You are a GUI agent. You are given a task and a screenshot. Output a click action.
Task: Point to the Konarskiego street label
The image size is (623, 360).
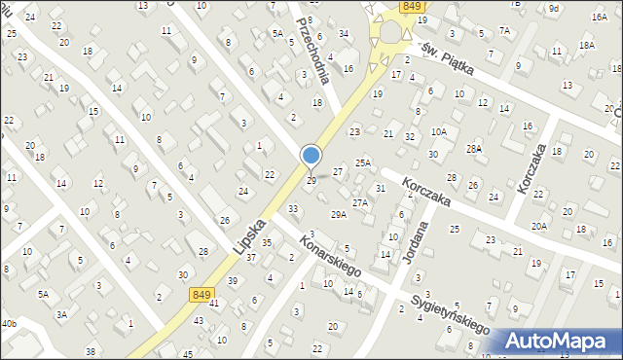(x=332, y=255)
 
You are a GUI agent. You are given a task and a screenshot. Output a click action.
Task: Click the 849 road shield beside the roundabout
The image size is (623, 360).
(x=410, y=7)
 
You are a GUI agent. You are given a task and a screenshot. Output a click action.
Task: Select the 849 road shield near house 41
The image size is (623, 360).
(x=202, y=294)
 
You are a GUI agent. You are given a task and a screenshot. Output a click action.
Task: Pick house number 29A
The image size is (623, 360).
(x=339, y=214)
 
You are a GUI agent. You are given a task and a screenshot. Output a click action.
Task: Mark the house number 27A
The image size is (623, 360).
(x=360, y=202)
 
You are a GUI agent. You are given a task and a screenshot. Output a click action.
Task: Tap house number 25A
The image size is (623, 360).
(x=362, y=163)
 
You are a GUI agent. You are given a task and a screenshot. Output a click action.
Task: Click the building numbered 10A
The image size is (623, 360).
(x=439, y=132)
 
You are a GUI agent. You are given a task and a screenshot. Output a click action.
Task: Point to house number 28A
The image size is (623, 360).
(x=474, y=148)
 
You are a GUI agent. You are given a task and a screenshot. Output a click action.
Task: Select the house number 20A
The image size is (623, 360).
(x=538, y=226)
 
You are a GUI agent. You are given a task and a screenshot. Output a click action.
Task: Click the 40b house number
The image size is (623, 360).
(x=9, y=323)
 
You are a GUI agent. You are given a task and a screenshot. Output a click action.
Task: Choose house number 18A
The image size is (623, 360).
(x=586, y=45)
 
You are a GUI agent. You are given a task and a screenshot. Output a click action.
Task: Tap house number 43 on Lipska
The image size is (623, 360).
(x=198, y=320)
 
